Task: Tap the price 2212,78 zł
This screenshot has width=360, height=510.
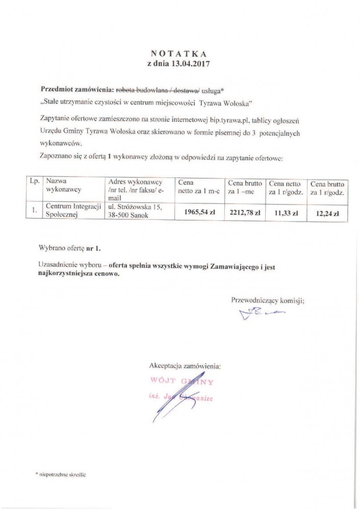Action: tap(244, 212)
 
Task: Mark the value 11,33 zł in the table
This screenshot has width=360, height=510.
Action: tap(286, 213)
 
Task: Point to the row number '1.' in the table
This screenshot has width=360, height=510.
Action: tap(34, 210)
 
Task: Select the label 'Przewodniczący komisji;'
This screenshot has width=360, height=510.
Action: tap(268, 300)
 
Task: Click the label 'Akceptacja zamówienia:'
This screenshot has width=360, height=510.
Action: tap(185, 366)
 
